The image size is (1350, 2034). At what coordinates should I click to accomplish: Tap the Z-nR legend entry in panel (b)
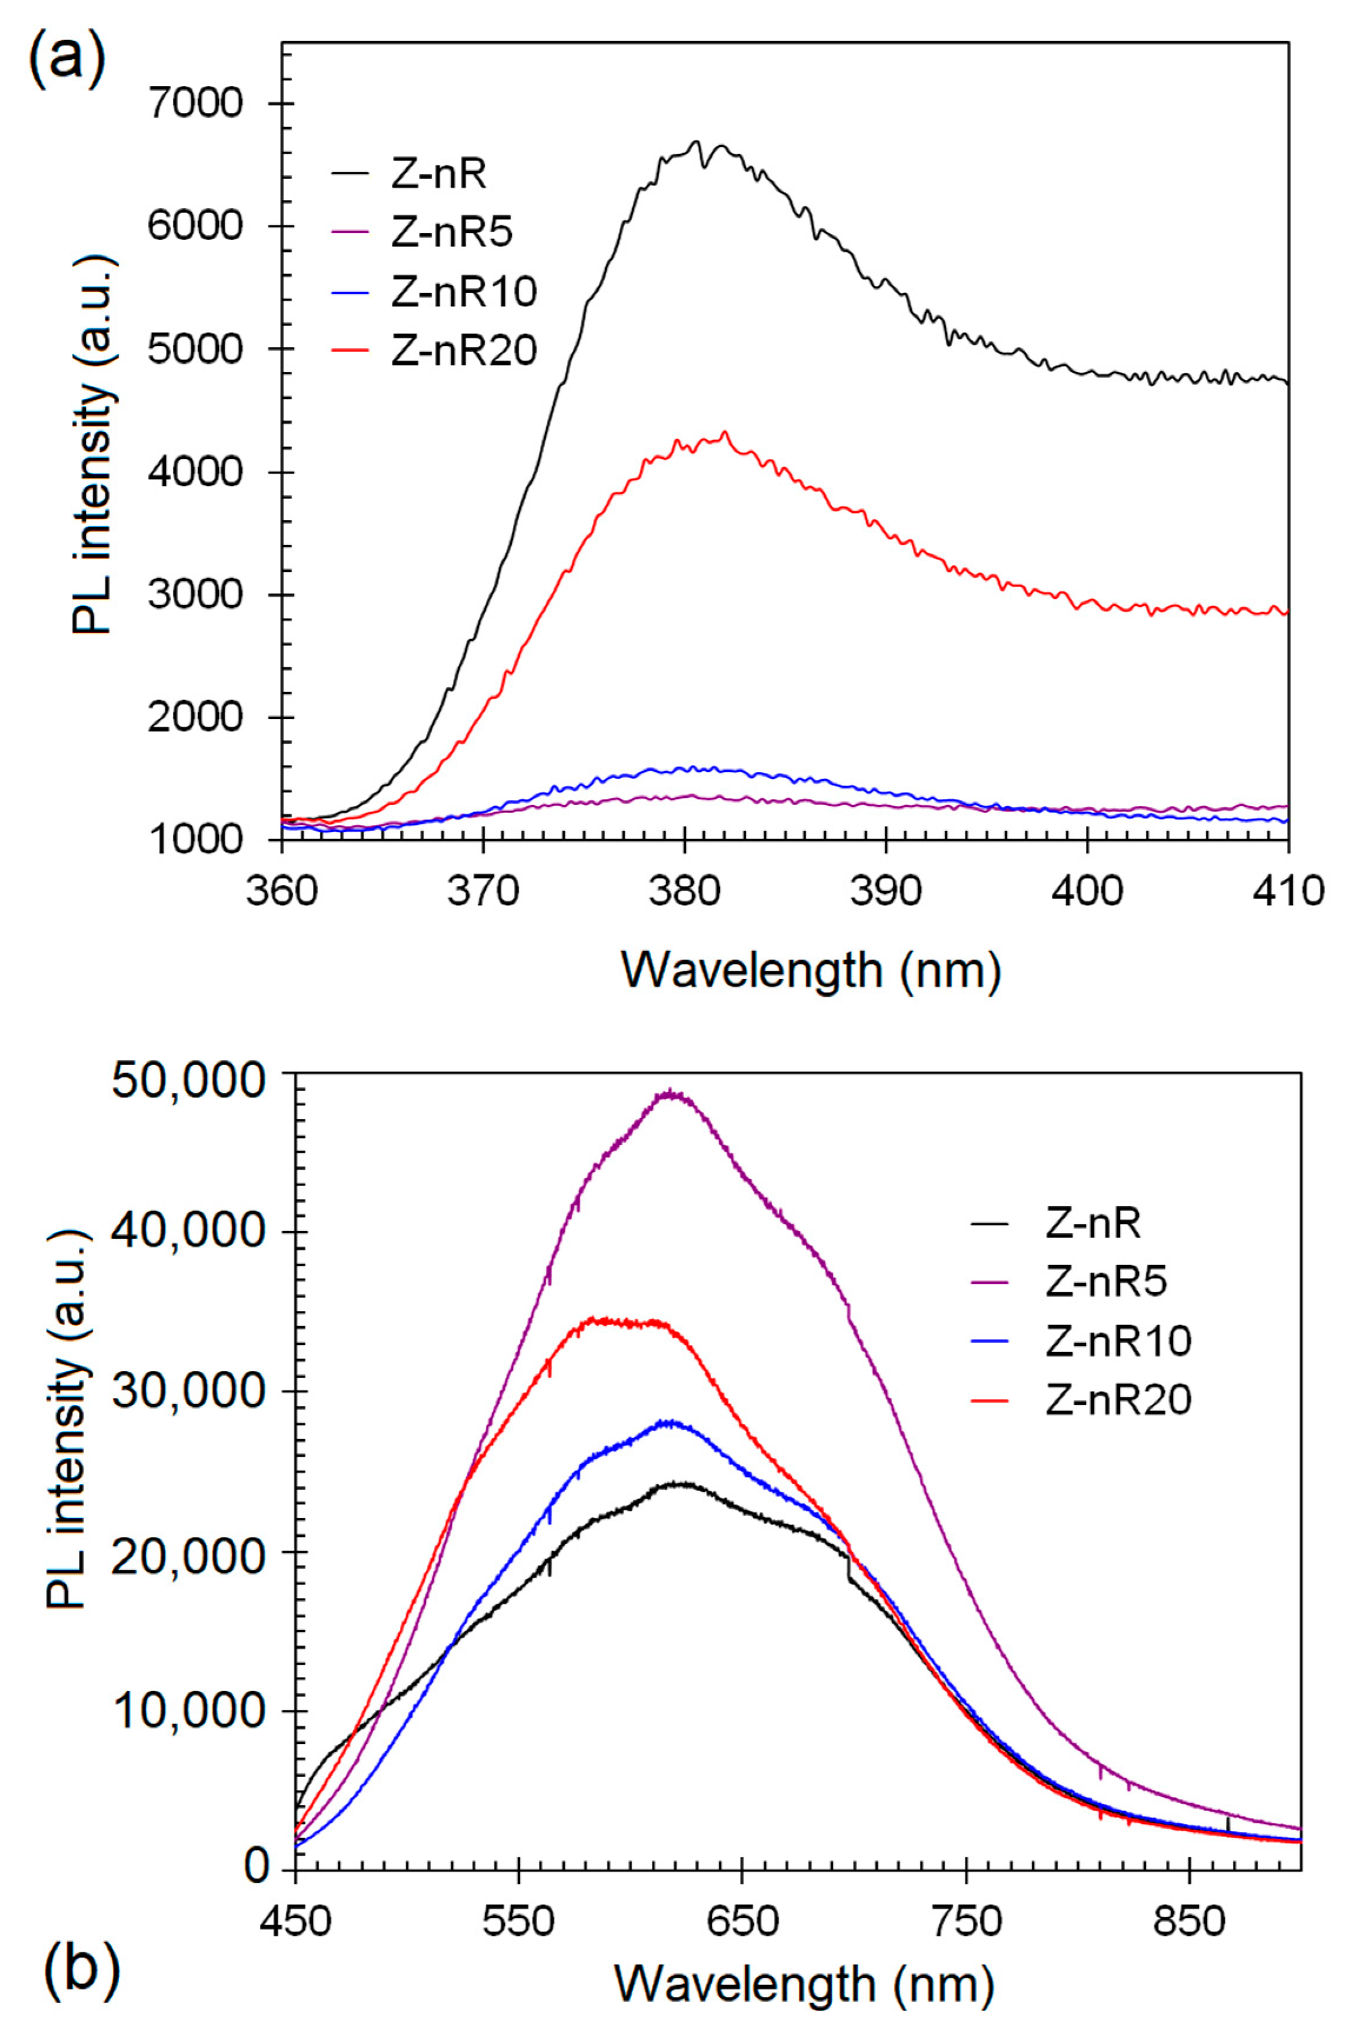pyautogui.click(x=1092, y=1224)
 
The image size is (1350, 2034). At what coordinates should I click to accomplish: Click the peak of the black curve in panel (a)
pyautogui.click(x=696, y=143)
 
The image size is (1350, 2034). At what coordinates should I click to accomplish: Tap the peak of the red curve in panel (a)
pyautogui.click(x=724, y=432)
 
